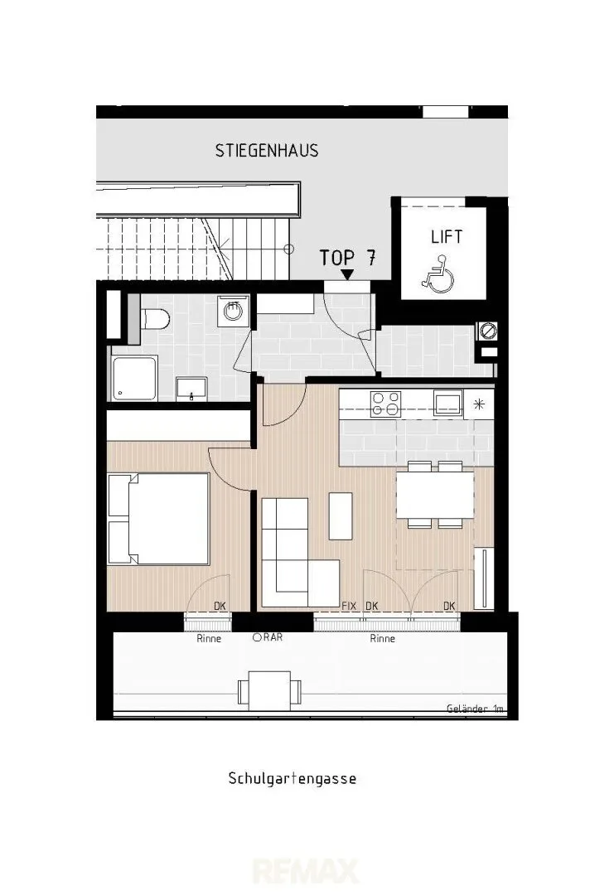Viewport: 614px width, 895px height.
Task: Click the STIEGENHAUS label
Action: (267, 150)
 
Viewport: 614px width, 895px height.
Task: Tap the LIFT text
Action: (447, 236)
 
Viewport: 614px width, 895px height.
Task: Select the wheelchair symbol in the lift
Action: (438, 274)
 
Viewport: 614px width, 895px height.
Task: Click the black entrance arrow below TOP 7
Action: (346, 274)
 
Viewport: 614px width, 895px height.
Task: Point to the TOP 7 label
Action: (347, 258)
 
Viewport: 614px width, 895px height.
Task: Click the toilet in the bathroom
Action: (155, 318)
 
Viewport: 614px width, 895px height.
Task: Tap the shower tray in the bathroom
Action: (134, 378)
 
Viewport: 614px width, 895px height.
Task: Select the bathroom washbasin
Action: (191, 389)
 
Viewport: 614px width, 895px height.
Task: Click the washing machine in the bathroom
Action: (233, 311)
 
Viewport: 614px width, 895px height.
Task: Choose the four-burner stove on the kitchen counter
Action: (385, 404)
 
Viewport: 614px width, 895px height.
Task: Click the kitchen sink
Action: (448, 403)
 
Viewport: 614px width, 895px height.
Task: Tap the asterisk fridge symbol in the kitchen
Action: (479, 404)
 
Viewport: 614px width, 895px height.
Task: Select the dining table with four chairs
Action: (435, 495)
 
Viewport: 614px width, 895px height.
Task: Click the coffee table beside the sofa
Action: (341, 516)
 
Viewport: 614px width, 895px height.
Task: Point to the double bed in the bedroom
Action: (158, 519)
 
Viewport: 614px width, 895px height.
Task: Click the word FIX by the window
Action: (349, 606)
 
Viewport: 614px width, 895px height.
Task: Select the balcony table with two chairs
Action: (268, 690)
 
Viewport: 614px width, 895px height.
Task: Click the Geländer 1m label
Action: (475, 709)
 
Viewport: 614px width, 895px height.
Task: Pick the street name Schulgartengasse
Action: (292, 778)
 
